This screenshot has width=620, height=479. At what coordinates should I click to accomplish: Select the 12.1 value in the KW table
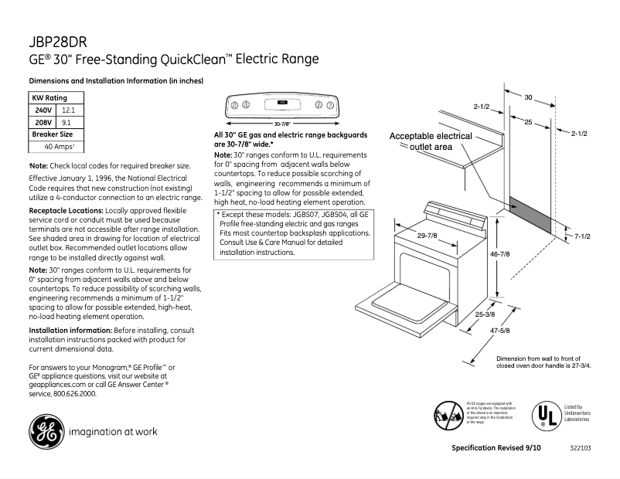tap(69, 110)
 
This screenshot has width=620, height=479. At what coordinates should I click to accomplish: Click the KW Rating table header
tap(49, 98)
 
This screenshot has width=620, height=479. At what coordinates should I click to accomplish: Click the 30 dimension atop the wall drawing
tap(528, 97)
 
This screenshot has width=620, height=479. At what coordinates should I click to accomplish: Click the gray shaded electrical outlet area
tap(530, 216)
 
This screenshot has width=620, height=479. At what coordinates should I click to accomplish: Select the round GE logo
tap(46, 431)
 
